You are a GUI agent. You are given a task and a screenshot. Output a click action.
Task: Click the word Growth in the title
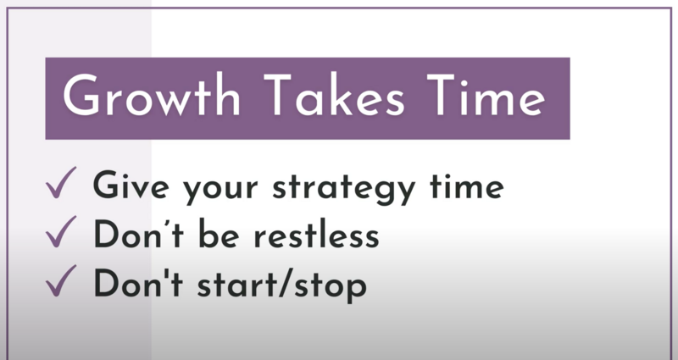coord(151,95)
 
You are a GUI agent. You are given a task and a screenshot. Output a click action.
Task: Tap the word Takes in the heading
coord(334,95)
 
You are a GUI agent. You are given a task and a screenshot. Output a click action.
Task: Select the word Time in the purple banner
coord(486,95)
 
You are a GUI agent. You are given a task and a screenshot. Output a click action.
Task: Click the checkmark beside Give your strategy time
coord(61,182)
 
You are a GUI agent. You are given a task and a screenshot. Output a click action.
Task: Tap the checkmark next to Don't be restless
coord(61,231)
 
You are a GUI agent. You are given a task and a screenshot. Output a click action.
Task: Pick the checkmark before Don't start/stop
coord(61,280)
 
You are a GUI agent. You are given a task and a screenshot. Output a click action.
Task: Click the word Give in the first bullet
coord(131,185)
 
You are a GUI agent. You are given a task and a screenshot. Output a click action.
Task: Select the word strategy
coord(344,188)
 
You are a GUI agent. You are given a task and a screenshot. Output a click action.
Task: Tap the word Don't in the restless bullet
coord(138,234)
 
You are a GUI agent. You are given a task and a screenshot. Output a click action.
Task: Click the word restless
coord(316,234)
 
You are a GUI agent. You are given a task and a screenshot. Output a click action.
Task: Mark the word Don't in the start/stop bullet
coord(138,283)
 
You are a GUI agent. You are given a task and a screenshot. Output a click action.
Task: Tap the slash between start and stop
coord(283,283)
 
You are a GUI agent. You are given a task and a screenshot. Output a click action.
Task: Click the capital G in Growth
coord(81,95)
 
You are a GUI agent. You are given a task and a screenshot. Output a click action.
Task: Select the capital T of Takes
coord(280,95)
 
